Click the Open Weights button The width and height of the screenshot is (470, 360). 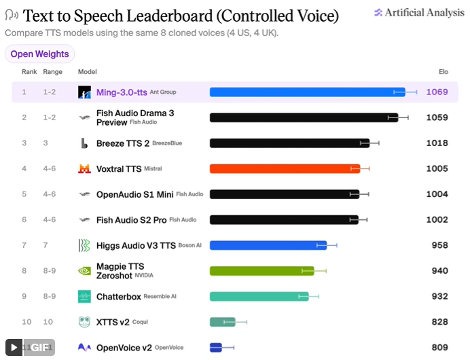(x=39, y=54)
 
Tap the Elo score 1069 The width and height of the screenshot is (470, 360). (x=437, y=92)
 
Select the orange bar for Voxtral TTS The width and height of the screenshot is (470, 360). (x=285, y=168)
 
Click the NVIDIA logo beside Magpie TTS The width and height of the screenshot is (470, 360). (x=84, y=271)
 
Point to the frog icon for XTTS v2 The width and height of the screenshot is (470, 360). (x=84, y=322)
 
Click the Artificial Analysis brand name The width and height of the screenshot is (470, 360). (x=424, y=13)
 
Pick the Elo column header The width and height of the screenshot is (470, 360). (x=444, y=72)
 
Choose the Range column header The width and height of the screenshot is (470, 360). (x=53, y=72)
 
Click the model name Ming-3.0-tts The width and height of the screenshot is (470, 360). (x=122, y=92)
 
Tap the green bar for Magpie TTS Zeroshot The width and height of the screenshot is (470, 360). (x=262, y=271)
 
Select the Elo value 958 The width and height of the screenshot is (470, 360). (x=439, y=245)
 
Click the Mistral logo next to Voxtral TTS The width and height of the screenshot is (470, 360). (x=84, y=168)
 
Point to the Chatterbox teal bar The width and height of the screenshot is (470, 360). (x=259, y=296)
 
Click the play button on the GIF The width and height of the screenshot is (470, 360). (x=14, y=347)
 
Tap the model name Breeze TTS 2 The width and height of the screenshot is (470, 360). (x=123, y=143)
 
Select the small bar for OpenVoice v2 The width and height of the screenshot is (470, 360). (x=216, y=347)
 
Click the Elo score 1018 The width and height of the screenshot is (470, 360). (x=437, y=143)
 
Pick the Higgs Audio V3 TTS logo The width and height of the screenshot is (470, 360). (x=84, y=245)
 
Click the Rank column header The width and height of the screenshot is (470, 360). (x=29, y=72)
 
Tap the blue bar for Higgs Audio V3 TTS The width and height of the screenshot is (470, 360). (x=268, y=245)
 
